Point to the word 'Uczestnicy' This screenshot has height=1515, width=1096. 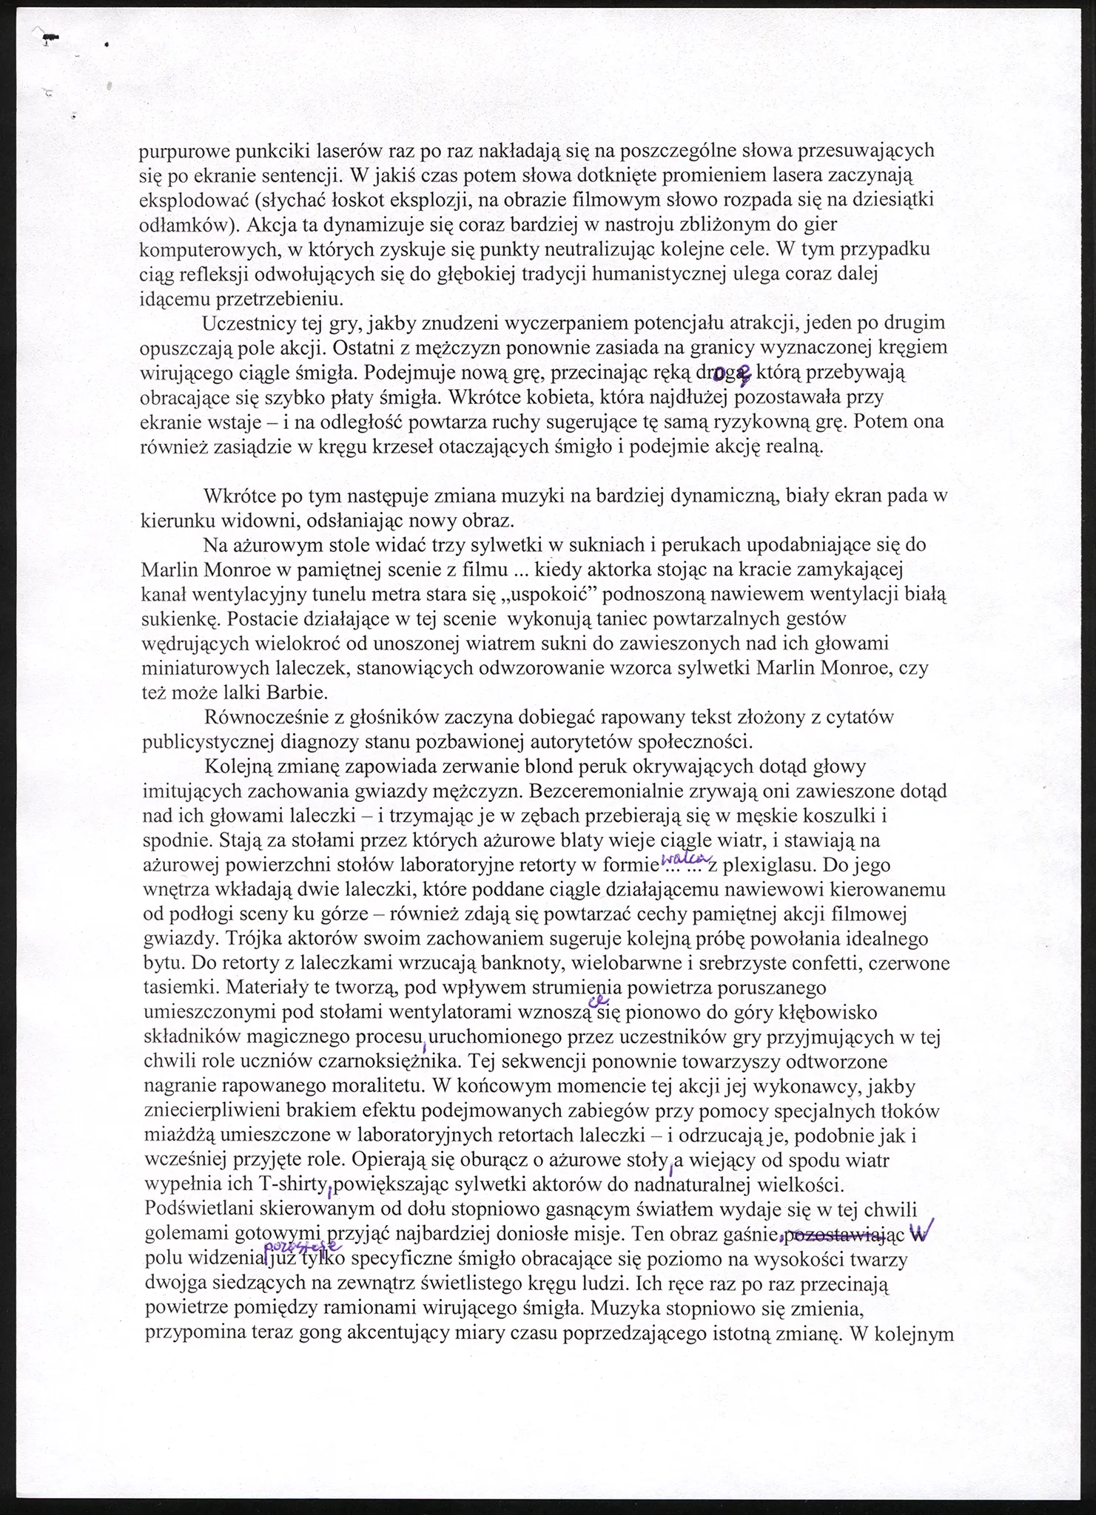click(248, 324)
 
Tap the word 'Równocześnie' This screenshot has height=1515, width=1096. click(261, 717)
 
